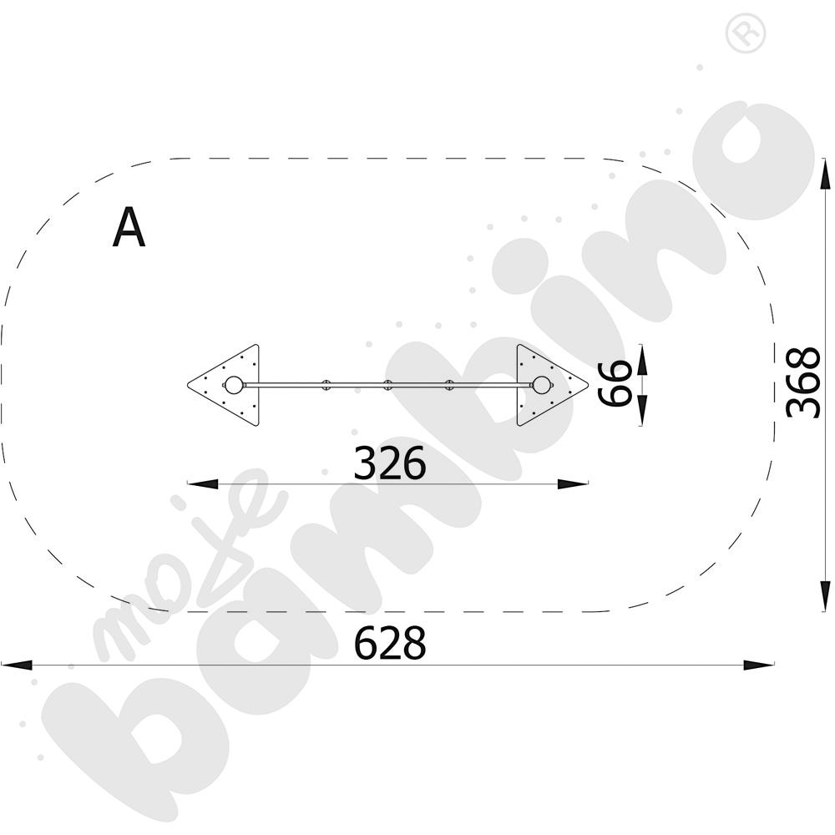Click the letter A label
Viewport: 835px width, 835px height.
tap(129, 227)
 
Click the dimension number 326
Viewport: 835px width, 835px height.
tap(390, 463)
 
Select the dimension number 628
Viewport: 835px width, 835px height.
tap(390, 643)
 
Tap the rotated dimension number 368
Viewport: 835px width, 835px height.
tap(803, 382)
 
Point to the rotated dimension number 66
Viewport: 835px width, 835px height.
tap(615, 383)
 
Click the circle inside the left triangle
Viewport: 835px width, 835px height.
tap(233, 385)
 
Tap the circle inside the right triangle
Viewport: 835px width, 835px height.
tap(542, 385)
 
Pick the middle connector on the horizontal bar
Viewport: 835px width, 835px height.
tap(387, 385)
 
